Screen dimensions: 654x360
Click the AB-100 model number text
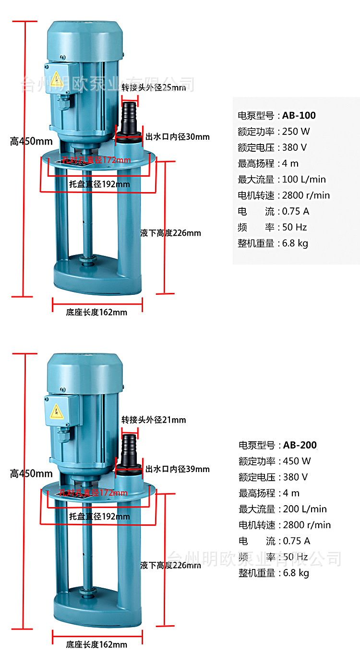(299, 115)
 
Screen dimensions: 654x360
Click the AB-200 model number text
(300, 445)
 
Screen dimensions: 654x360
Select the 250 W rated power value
(296, 131)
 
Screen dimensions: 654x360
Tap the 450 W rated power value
(297, 461)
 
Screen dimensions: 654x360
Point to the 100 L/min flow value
(304, 179)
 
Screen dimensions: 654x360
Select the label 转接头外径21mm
(154, 420)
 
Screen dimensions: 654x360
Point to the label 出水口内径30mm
(177, 137)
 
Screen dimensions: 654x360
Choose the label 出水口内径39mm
(177, 469)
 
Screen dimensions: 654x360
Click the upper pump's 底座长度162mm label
(96, 312)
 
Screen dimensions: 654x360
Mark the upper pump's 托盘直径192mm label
(99, 184)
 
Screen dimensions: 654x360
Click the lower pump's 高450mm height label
(31, 474)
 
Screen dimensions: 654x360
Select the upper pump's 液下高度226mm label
(170, 233)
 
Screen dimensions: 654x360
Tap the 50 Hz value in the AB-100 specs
(294, 227)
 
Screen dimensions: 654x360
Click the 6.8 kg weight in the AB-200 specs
(296, 573)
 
